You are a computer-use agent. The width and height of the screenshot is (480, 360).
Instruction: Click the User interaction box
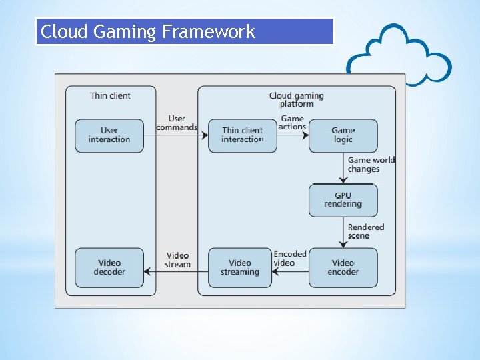[x=109, y=135]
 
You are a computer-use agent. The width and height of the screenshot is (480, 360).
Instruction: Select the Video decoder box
[x=109, y=267]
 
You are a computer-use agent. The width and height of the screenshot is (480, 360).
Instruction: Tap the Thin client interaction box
[x=243, y=135]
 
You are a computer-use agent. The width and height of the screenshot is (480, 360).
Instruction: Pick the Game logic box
[x=343, y=135]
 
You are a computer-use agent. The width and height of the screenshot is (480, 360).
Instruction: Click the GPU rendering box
[x=343, y=200]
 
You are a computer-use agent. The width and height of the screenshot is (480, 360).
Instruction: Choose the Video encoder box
[x=343, y=267]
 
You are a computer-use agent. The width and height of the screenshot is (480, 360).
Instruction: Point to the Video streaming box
[x=240, y=267]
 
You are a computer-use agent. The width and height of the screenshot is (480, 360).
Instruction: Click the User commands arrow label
[x=177, y=123]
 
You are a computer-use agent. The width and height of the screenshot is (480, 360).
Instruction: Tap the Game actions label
[x=293, y=123]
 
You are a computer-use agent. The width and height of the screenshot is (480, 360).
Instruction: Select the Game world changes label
[x=371, y=165]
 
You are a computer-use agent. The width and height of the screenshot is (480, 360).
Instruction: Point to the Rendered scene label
[x=366, y=231]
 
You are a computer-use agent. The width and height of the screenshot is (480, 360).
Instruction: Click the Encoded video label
[x=290, y=259]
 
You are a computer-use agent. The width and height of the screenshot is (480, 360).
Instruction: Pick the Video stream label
[x=177, y=260]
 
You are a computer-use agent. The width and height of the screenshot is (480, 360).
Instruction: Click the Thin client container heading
[x=110, y=96]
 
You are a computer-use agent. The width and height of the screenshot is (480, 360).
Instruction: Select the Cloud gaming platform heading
[x=296, y=100]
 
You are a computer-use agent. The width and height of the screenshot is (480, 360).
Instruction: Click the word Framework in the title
[x=209, y=31]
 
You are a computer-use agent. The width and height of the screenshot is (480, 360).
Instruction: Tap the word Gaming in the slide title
[x=124, y=32]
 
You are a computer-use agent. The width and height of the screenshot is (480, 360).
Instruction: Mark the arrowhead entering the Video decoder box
[x=147, y=271]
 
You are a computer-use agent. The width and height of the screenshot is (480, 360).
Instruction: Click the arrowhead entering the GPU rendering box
[x=343, y=180]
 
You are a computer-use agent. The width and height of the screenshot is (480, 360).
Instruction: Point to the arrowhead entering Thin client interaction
[x=205, y=135]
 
